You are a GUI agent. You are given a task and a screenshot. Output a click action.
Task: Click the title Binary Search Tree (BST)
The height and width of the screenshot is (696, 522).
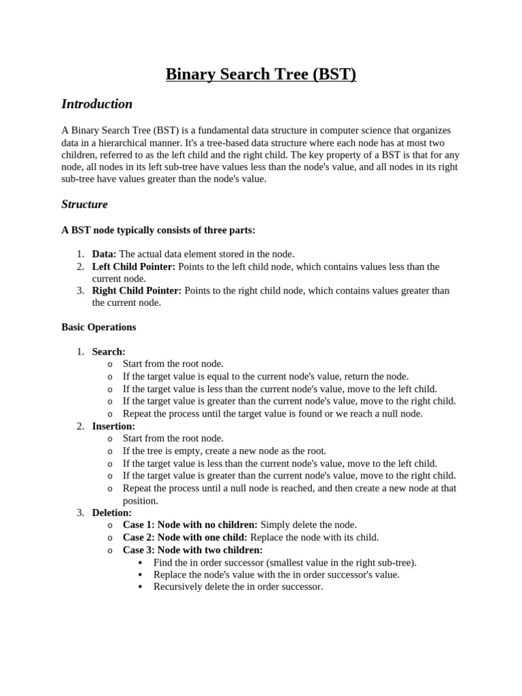[x=261, y=74]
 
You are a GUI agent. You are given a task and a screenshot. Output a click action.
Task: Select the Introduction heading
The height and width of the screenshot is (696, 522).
[x=97, y=104]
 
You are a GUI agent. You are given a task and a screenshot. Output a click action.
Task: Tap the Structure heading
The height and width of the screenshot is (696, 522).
[x=84, y=204]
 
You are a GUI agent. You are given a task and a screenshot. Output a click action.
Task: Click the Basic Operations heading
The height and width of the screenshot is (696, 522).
[x=99, y=327]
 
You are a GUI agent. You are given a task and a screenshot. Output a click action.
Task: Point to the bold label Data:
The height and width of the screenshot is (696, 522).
[x=104, y=254]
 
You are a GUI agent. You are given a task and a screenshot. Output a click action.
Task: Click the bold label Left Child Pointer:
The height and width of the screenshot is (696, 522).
[x=134, y=266]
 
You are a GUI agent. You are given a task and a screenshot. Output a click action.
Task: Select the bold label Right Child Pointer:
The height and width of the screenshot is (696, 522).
[x=137, y=290]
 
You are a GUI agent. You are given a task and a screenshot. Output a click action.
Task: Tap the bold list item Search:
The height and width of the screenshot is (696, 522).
[x=109, y=351]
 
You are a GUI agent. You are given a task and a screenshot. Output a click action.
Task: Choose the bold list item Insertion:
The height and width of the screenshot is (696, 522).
[x=114, y=426]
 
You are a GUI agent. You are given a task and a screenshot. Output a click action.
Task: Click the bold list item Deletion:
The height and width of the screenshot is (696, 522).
[x=111, y=512]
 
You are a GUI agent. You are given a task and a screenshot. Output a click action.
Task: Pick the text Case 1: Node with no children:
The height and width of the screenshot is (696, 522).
[x=190, y=525]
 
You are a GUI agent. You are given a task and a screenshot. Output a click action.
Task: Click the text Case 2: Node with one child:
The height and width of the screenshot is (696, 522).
[x=185, y=537]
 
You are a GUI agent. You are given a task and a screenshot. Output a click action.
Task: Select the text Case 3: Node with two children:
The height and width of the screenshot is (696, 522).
[x=192, y=550]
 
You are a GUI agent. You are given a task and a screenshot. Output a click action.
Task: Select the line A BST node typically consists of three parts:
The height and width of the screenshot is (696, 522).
[x=158, y=230]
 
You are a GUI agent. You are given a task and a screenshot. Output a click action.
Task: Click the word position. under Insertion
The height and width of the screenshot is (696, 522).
[x=140, y=500]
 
